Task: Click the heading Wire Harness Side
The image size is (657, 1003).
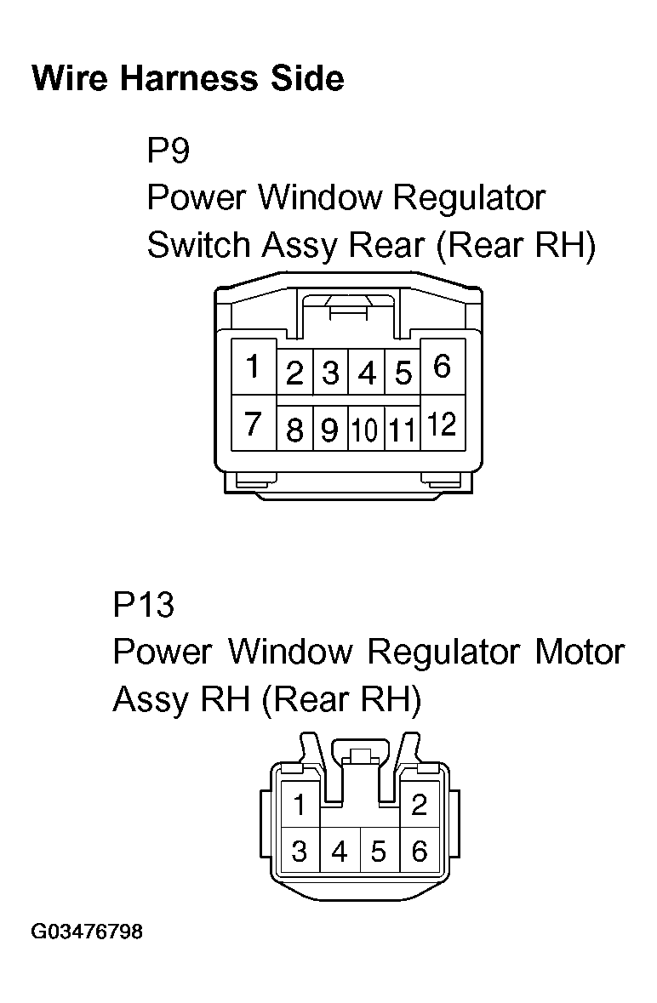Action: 187,79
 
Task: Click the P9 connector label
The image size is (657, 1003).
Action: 168,151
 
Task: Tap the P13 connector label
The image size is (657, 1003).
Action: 143,606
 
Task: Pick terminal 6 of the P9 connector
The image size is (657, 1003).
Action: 442,367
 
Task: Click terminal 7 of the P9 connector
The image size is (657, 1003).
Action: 253,423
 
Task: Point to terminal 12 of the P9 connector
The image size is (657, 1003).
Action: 442,423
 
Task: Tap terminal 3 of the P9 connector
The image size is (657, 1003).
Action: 330,373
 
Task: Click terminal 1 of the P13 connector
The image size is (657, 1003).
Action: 300,805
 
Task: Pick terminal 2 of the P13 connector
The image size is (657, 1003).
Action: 419,805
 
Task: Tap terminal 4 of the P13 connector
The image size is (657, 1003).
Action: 340,851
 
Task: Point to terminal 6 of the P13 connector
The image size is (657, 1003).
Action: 419,851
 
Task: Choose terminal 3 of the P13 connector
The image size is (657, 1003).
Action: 300,851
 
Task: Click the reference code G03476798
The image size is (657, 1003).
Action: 87,932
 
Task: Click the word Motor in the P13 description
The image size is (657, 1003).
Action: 580,653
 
